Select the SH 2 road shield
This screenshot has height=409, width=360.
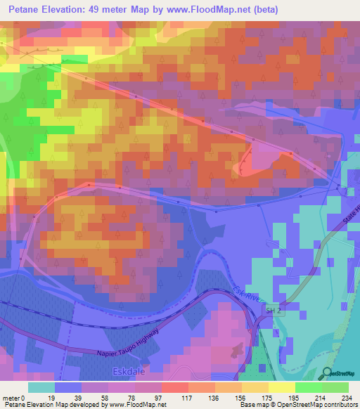[272, 310]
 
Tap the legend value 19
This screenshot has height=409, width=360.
[51, 397]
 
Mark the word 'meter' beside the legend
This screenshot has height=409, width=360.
[11, 397]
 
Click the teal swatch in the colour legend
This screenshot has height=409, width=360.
[41, 387]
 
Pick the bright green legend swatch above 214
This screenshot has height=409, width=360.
[308, 387]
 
